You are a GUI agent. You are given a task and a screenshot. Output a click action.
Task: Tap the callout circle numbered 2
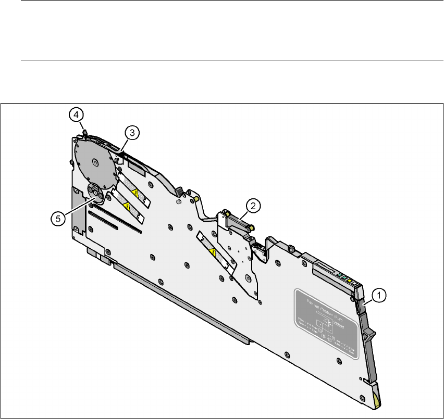click(253, 206)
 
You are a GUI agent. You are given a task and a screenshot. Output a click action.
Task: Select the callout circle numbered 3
click(132, 133)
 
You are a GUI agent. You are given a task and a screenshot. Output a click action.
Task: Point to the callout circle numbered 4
click(76, 113)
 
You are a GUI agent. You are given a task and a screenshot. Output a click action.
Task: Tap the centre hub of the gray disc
click(95, 161)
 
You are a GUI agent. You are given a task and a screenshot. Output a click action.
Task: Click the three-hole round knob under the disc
click(96, 193)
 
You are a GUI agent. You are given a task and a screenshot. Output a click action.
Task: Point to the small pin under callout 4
click(83, 131)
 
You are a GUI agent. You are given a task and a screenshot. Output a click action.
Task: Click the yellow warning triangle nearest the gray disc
click(135, 195)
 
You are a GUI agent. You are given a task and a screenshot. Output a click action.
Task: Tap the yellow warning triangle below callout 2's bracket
click(212, 254)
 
